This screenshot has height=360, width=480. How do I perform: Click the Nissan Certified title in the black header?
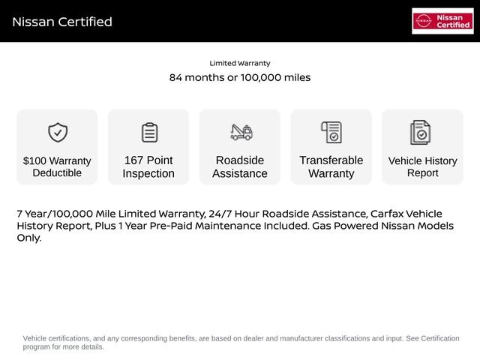click(x=62, y=22)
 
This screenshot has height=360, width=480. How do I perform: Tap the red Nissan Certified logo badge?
click(x=442, y=21)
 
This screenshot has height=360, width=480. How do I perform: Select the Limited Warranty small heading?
click(x=240, y=64)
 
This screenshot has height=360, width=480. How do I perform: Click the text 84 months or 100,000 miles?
click(x=240, y=78)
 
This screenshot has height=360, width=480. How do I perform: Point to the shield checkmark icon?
click(x=58, y=133)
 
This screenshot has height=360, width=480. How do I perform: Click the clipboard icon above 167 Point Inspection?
click(x=149, y=133)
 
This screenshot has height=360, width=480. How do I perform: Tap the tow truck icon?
click(x=241, y=133)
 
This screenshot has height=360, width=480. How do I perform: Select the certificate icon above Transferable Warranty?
click(x=331, y=133)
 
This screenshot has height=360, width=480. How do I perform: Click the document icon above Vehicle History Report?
click(x=421, y=133)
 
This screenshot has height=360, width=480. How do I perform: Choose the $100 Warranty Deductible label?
click(x=57, y=166)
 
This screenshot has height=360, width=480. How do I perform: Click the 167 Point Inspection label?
click(x=148, y=166)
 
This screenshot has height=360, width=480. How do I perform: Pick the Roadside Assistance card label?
click(x=240, y=166)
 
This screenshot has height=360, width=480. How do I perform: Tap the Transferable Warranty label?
click(x=331, y=166)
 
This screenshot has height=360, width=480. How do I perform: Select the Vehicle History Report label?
click(x=422, y=166)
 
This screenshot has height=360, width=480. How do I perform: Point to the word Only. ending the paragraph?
click(x=29, y=238)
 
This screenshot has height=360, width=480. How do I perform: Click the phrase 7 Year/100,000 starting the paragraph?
click(x=55, y=214)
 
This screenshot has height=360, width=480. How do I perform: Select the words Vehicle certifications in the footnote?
click(x=55, y=339)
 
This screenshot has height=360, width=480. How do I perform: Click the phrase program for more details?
click(x=64, y=347)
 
